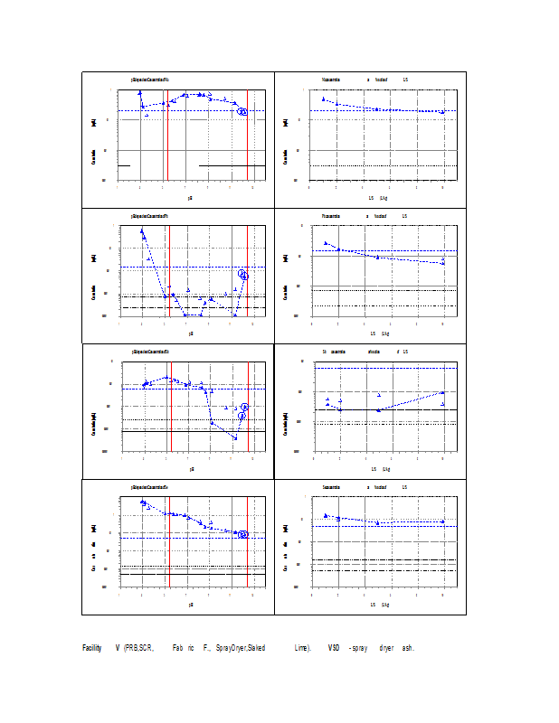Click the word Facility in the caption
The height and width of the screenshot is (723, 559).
pos(91,648)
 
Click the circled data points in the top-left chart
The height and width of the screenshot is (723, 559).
pos(242,111)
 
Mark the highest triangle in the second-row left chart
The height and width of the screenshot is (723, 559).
pos(141,230)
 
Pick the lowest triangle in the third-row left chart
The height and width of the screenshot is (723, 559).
pos(235,437)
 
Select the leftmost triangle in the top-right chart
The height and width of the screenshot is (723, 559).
pos(323,99)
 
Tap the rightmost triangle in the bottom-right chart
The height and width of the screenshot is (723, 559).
pos(442,521)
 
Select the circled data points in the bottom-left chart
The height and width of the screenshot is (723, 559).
pos(242,534)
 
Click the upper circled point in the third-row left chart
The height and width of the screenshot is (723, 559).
pos(244,407)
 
